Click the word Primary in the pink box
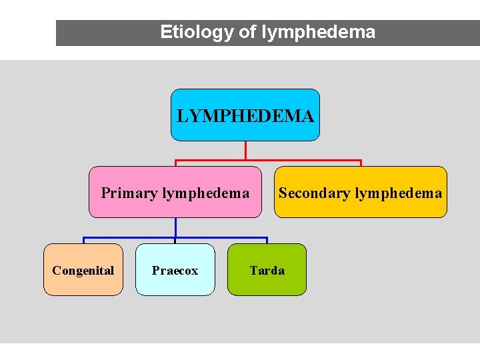(x=129, y=193)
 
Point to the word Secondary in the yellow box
(x=314, y=193)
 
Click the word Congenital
(x=83, y=271)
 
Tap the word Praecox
(x=175, y=271)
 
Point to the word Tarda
(x=267, y=271)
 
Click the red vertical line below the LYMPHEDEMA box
(x=245, y=150)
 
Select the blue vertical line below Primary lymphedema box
(x=175, y=227)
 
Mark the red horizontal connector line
(x=300, y=161)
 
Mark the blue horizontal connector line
(x=220, y=237)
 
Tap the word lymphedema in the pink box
(x=205, y=193)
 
